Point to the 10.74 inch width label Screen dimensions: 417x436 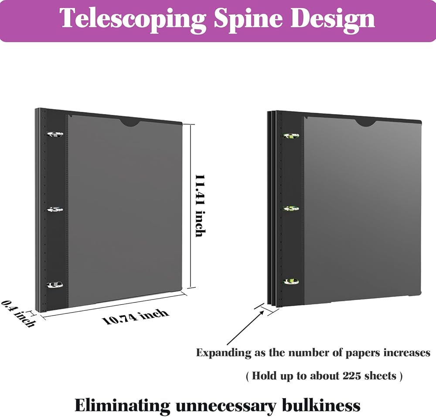[136, 316]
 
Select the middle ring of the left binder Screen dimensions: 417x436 [55, 210]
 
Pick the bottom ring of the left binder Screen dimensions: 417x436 [55, 285]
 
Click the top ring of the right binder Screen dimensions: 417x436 [290, 136]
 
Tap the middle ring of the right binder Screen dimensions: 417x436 [290, 208]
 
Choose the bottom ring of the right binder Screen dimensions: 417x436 [290, 281]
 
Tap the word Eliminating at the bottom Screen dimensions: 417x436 [123, 405]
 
